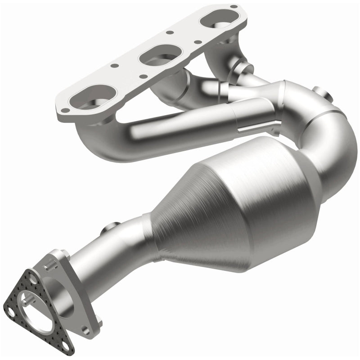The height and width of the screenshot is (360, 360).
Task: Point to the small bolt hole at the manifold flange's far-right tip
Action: (x=233, y=7)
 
